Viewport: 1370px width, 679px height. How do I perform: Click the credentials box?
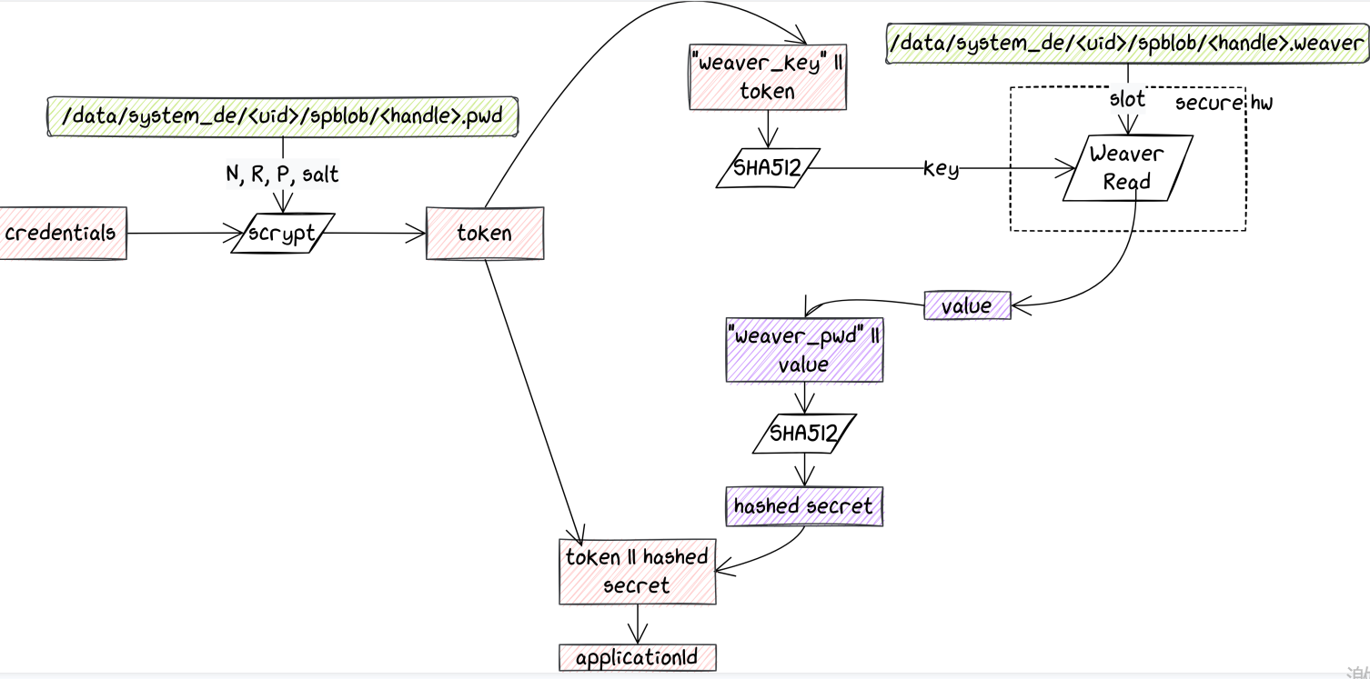[x=62, y=233]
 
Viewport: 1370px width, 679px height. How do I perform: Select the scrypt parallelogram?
[x=283, y=234]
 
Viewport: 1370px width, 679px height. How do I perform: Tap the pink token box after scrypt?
[x=485, y=234]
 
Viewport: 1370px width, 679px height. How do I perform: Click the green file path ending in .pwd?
[x=282, y=116]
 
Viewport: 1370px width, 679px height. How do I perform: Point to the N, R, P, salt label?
[x=282, y=174]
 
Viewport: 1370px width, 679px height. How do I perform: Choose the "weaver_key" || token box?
[x=768, y=78]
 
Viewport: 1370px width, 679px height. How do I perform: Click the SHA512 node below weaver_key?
[x=768, y=168]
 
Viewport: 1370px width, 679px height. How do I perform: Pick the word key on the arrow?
[x=941, y=168]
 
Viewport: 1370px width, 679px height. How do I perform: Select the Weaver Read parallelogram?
[x=1127, y=168]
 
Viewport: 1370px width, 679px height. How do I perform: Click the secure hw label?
[x=1224, y=103]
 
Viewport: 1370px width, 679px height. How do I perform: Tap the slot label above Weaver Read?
[x=1127, y=99]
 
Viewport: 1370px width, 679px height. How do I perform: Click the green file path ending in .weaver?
[x=1127, y=45]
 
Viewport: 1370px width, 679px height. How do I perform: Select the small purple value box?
[x=967, y=305]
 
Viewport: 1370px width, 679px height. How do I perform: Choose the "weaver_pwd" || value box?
[x=804, y=351]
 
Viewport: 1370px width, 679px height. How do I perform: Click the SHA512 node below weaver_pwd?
[x=804, y=433]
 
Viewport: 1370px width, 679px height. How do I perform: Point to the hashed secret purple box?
[x=804, y=506]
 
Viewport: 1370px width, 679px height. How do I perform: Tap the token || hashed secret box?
[x=637, y=572]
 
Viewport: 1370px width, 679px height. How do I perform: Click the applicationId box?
[x=637, y=658]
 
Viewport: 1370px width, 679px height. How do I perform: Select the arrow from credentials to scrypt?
[x=182, y=234]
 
